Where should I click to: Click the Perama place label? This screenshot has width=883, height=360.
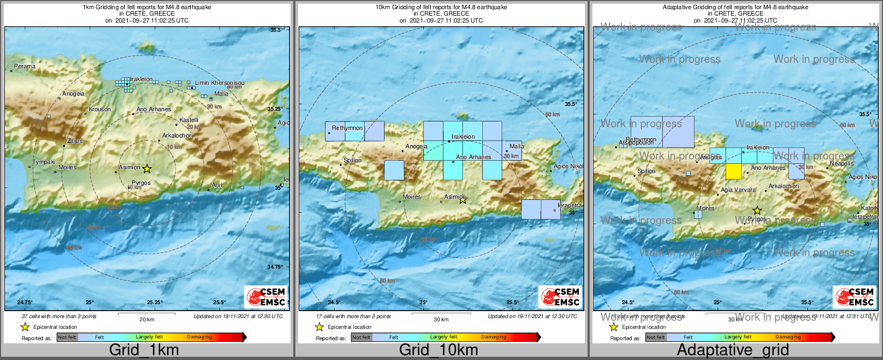(x=25, y=67)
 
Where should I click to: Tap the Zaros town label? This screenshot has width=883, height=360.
(x=75, y=141)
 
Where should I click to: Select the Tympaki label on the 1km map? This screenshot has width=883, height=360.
(x=44, y=162)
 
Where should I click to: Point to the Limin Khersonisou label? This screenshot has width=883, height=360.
(x=219, y=83)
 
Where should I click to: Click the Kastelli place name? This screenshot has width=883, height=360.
(x=189, y=120)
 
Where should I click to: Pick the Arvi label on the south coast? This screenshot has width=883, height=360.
(x=216, y=185)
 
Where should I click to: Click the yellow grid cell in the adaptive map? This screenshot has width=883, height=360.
(x=733, y=171)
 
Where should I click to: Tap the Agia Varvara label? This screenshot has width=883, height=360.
(x=738, y=190)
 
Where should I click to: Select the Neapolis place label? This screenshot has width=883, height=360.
(x=841, y=163)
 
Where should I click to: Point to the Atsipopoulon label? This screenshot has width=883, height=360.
(x=636, y=143)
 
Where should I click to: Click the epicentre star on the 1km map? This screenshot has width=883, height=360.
(x=147, y=169)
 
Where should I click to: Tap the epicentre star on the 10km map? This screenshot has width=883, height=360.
(x=463, y=200)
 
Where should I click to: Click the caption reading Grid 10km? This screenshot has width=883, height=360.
(x=438, y=350)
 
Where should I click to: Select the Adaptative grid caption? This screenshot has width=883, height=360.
(x=733, y=350)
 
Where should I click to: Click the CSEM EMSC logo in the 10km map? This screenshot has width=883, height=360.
(x=560, y=297)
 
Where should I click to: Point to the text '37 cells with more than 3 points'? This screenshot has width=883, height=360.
(x=59, y=316)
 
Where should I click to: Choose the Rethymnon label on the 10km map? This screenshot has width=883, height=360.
(x=347, y=128)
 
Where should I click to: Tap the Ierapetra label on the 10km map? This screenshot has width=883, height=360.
(x=569, y=206)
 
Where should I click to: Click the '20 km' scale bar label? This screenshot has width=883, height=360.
(x=147, y=320)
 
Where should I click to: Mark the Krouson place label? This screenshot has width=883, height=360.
(x=100, y=110)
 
